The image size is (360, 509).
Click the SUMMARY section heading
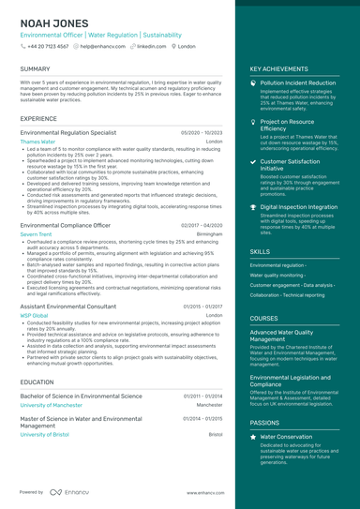pyautogui.click(x=35, y=69)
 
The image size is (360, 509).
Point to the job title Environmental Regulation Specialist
pyautogui.click(x=68, y=133)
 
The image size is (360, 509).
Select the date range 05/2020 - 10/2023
pyautogui.click(x=202, y=133)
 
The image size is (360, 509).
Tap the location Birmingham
pyautogui.click(x=210, y=234)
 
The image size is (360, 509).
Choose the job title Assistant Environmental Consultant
pyautogui.click(x=68, y=307)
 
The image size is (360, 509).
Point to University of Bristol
pyautogui.click(x=50, y=435)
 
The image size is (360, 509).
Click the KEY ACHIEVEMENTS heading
pyautogui.click(x=278, y=69)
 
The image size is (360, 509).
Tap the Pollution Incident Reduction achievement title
pyautogui.click(x=297, y=82)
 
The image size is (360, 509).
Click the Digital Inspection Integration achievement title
pyautogui.click(x=298, y=206)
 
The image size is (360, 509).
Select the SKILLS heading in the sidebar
pyautogui.click(x=260, y=252)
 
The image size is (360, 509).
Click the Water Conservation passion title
pyautogui.click(x=286, y=437)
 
